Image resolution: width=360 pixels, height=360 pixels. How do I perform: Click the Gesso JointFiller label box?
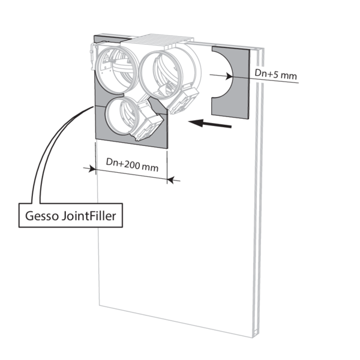pyautogui.click(x=70, y=215)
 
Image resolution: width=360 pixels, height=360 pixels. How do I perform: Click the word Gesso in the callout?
pyautogui.click(x=42, y=216)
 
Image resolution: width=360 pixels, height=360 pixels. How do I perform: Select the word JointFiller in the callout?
pyautogui.click(x=89, y=216)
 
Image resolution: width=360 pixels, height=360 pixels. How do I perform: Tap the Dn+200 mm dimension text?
pyautogui.click(x=132, y=164)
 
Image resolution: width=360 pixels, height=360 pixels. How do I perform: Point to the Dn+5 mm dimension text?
pyautogui.click(x=276, y=74)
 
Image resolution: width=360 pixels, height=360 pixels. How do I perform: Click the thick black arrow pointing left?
pyautogui.click(x=209, y=124)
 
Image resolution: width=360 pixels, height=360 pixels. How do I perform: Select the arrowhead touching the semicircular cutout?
pyautogui.click(x=229, y=76)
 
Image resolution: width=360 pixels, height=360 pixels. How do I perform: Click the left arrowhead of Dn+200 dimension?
pyautogui.click(x=92, y=169)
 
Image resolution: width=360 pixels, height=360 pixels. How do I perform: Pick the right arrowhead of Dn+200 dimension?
pyautogui.click(x=170, y=179)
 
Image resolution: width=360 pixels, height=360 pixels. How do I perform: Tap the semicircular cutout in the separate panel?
pyautogui.click(x=222, y=74)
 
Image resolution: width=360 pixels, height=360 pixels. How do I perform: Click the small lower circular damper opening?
pyautogui.click(x=122, y=117)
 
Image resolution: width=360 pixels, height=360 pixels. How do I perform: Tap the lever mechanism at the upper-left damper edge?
pyautogui.click(x=94, y=57)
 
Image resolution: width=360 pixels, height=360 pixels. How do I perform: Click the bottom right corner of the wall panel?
pyautogui.click(x=253, y=338)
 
